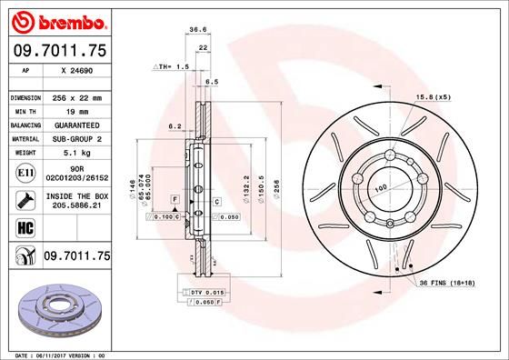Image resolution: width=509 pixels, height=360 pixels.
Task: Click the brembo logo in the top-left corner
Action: tap(56, 20)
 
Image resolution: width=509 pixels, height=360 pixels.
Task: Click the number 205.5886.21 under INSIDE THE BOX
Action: tap(76, 206)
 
